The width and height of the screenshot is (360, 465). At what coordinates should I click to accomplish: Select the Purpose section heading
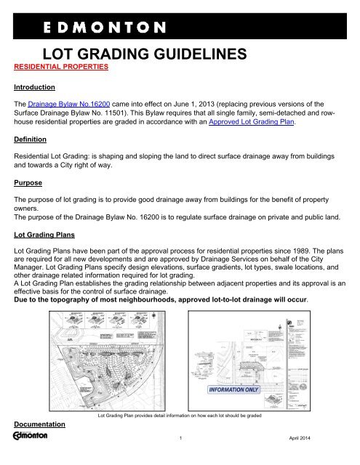click(23, 190)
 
